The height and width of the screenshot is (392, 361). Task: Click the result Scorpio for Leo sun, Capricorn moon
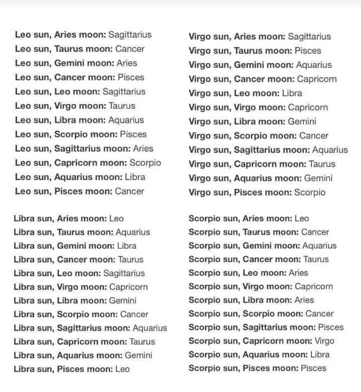(146, 162)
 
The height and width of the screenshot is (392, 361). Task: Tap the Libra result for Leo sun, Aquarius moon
(135, 177)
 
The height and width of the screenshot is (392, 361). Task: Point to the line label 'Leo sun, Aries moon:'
(60, 34)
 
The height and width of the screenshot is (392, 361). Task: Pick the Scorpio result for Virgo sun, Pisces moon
(310, 192)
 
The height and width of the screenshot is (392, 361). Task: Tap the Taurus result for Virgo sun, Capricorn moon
(322, 164)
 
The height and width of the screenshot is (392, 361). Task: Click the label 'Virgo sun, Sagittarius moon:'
(247, 150)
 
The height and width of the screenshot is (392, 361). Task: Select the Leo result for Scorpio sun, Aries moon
(302, 218)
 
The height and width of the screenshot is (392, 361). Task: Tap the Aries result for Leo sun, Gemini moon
(127, 63)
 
